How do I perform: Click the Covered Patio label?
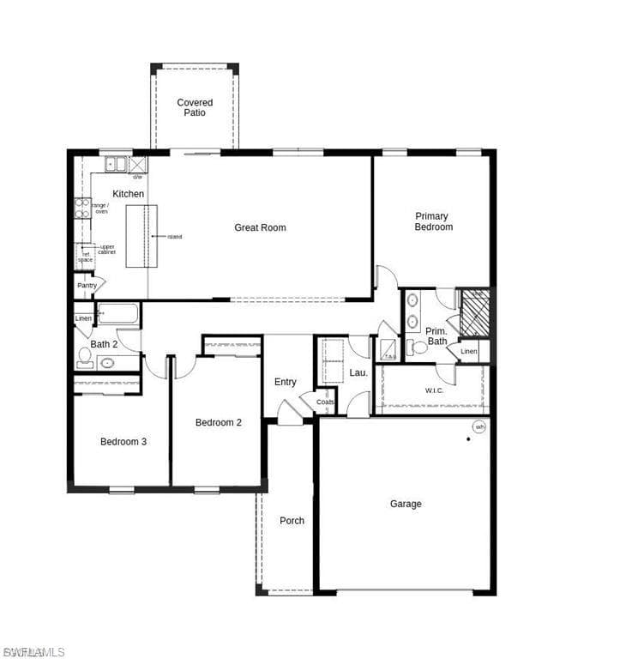195,107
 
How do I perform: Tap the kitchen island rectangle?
141,236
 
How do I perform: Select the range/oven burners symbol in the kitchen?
82,209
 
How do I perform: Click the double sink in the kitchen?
115,164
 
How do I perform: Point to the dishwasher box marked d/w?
137,164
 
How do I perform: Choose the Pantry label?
87,285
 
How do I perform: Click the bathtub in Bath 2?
118,314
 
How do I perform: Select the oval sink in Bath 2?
108,363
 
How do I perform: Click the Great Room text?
261,227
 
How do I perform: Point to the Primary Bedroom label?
433,221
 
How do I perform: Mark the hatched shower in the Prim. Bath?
474,312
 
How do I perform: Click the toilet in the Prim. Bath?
417,348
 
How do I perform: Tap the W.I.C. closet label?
434,390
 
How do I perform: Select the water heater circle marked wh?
479,426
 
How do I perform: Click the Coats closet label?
325,402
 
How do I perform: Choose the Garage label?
406,504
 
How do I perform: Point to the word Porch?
292,520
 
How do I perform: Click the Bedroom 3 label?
123,442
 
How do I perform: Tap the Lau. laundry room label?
358,372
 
